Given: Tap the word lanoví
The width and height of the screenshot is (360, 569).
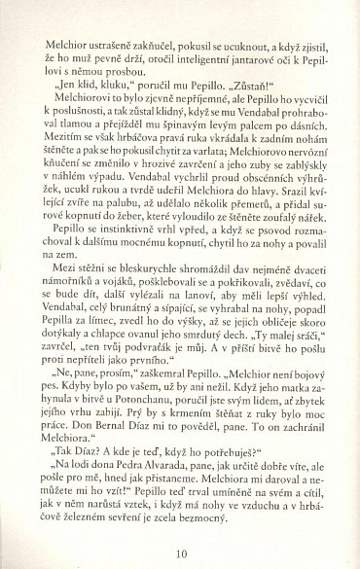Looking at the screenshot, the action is [209, 333].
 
